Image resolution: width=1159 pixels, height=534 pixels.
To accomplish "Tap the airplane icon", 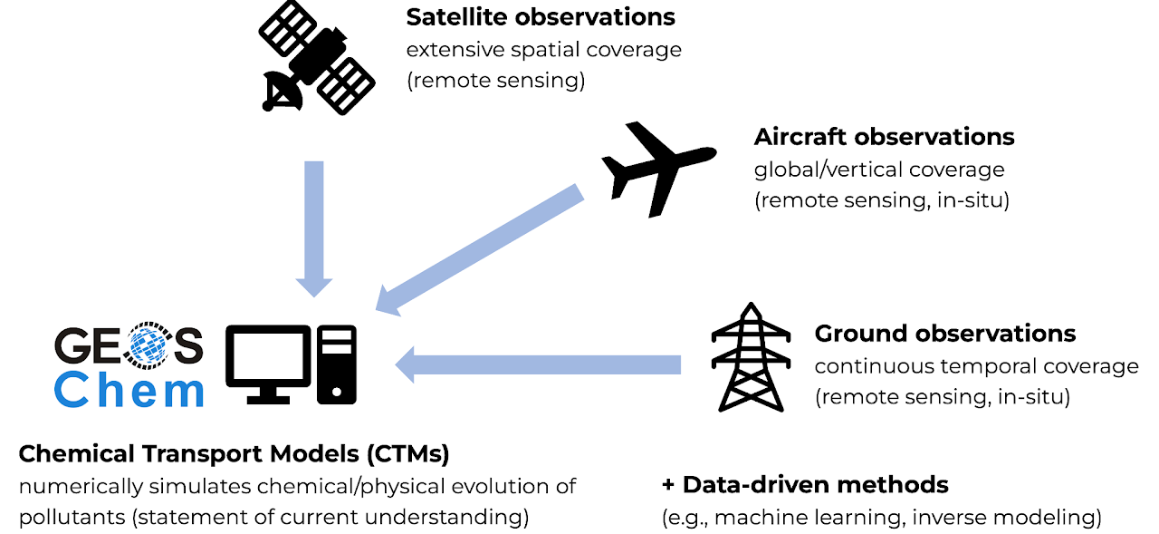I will pyautogui.click(x=658, y=168).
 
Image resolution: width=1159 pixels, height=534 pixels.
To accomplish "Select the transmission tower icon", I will pyautogui.click(x=748, y=357).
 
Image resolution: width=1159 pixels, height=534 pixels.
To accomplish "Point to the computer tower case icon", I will pyautogui.click(x=337, y=364).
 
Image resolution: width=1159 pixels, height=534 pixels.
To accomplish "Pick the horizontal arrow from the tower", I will pyautogui.click(x=538, y=364).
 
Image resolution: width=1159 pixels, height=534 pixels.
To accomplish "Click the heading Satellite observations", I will pyautogui.click(x=541, y=17).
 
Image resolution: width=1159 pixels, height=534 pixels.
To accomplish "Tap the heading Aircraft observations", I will pyautogui.click(x=884, y=137).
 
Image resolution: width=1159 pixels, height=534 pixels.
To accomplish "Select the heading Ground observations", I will pyautogui.click(x=944, y=334).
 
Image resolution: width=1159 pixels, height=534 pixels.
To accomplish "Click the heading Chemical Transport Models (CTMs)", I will pyautogui.click(x=234, y=452).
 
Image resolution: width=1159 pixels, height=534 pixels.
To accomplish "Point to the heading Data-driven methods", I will pyautogui.click(x=805, y=484).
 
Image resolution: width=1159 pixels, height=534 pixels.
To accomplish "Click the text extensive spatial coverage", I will pyautogui.click(x=543, y=49).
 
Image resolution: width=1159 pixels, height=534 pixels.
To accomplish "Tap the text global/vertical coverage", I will pyautogui.click(x=879, y=170).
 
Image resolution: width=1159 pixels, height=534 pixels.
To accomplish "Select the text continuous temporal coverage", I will pyautogui.click(x=976, y=366).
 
